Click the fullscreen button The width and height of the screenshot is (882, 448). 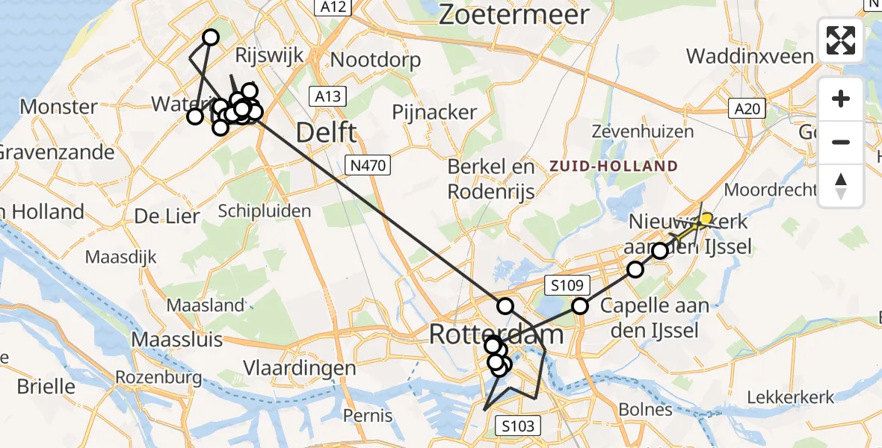pyautogui.click(x=841, y=40)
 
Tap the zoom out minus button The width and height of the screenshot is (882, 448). pyautogui.click(x=841, y=142)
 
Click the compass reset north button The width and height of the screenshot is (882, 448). pyautogui.click(x=841, y=185)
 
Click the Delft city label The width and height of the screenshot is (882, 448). pyautogui.click(x=327, y=133)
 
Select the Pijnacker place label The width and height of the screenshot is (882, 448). pyautogui.click(x=435, y=113)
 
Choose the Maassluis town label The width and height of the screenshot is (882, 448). pyautogui.click(x=177, y=339)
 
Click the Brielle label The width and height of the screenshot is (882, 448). pyautogui.click(x=45, y=387)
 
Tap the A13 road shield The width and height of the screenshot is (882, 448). pyautogui.click(x=327, y=96)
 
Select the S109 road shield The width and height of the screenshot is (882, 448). pyautogui.click(x=568, y=284)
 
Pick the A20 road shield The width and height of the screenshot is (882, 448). pyautogui.click(x=747, y=110)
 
